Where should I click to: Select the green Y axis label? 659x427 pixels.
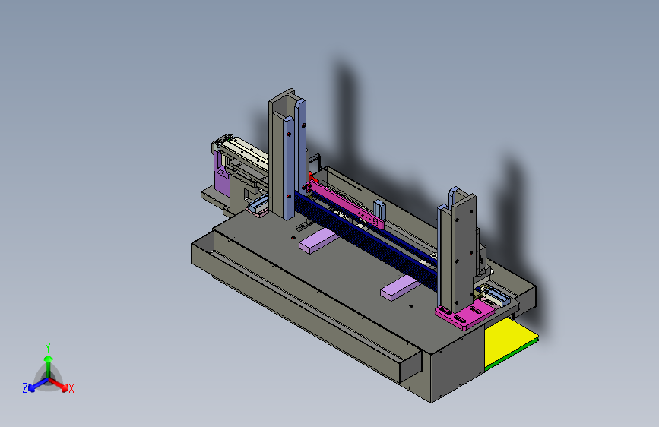coord(48,348)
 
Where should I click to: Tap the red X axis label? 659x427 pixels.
coord(71,389)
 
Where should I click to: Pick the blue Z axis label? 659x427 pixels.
coord(25,388)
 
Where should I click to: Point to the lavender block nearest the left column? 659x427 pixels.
coord(319,240)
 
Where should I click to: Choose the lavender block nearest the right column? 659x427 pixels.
coord(401,288)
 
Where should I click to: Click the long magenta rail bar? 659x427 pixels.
coord(347,204)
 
